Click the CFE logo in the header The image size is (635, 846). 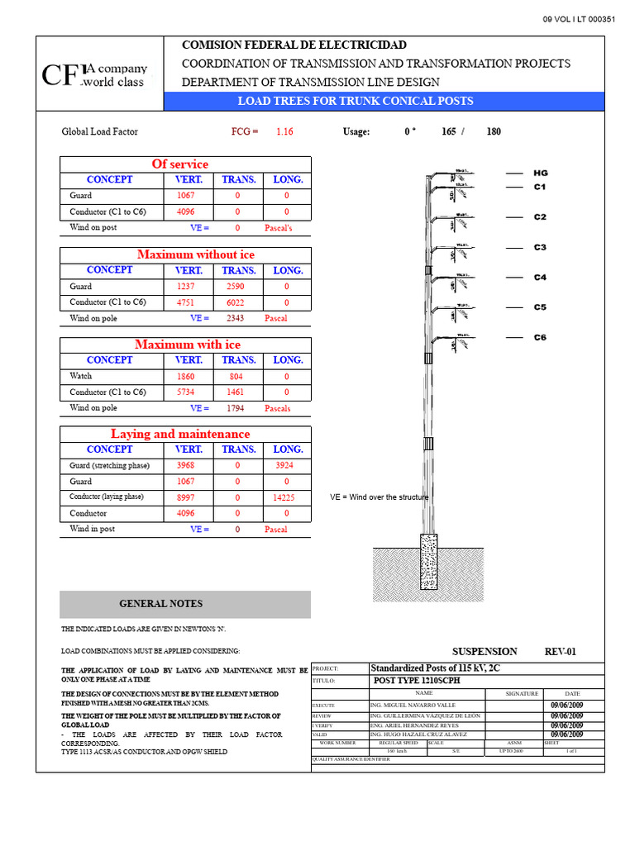coord(94,75)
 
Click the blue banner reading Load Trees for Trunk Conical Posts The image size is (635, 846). coord(356,101)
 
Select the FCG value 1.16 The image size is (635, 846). coord(284,131)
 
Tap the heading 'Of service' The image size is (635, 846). coord(180,164)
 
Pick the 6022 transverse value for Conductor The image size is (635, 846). coord(235,302)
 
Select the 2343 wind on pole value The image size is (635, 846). coord(235,318)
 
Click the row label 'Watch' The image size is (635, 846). coord(81,376)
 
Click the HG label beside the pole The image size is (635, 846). coord(540,173)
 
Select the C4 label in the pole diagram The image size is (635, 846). coord(540,278)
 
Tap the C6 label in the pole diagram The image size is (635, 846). coord(540,337)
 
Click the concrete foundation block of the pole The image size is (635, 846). coord(428,560)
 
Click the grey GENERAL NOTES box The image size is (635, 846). coord(185,604)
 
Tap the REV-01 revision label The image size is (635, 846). coord(560,652)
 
